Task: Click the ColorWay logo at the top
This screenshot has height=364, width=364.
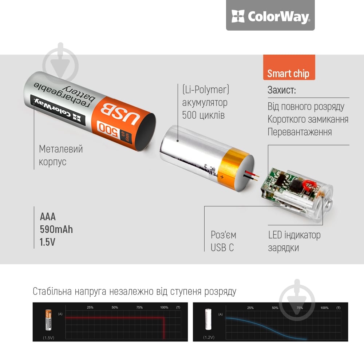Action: [270, 16]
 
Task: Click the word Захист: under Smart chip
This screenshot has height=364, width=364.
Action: [282, 90]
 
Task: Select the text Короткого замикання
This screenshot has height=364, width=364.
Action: [308, 119]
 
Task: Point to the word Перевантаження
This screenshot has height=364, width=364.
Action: [300, 132]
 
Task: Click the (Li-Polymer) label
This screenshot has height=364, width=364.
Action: [206, 90]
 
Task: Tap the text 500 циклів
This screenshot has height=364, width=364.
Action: [203, 115]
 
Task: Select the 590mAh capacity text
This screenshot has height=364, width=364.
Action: [56, 229]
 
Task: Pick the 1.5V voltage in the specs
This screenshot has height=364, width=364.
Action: [48, 242]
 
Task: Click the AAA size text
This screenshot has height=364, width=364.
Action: [48, 217]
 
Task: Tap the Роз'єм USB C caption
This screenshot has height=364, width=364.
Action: [223, 241]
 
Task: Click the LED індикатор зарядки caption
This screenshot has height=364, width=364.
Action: [294, 241]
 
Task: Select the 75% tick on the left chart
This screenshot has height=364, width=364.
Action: [139, 308]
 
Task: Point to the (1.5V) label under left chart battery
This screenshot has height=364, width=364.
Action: [49, 337]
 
